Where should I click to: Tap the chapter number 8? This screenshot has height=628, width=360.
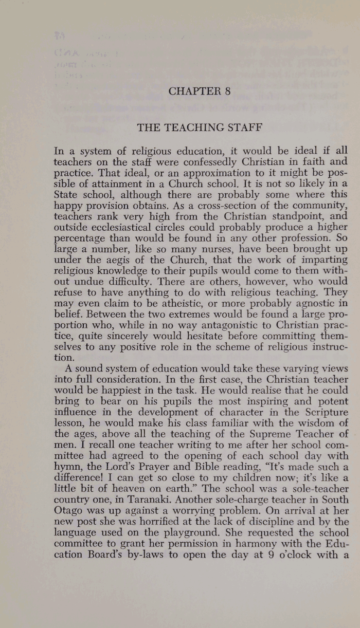coord(227,91)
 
